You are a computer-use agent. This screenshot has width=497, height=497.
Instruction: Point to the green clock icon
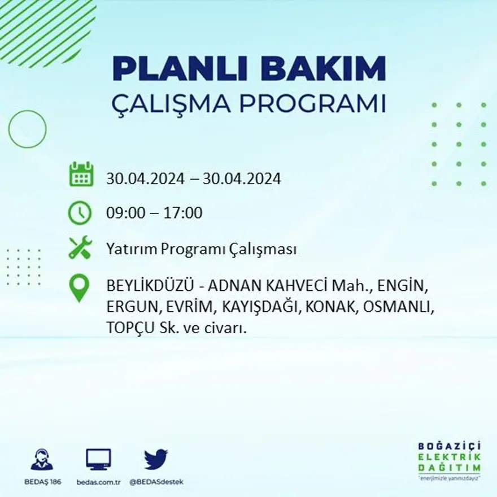80,213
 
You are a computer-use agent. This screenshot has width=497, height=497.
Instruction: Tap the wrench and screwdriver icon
80,248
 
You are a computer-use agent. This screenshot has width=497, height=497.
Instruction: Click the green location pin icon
79,287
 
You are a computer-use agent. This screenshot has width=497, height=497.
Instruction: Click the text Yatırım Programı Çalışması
201,250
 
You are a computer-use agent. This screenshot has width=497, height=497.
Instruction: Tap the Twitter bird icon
155,459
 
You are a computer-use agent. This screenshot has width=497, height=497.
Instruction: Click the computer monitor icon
99,459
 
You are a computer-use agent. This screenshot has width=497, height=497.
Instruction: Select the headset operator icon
42,459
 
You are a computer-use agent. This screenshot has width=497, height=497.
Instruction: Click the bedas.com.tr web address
99,482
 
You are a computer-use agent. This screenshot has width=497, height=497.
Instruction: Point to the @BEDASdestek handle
156,482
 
